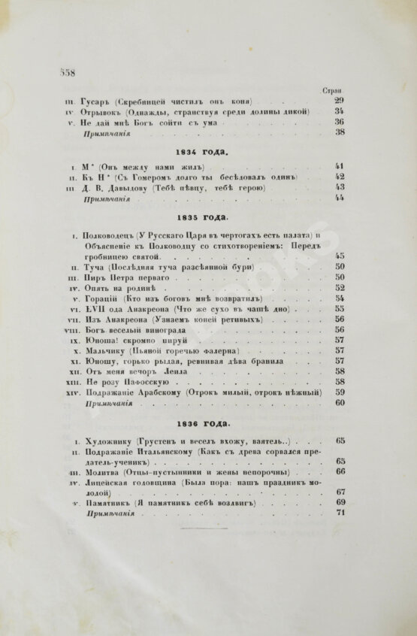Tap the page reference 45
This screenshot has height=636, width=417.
click(x=340, y=256)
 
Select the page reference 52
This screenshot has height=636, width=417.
click(x=340, y=287)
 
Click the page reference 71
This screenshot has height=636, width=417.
click(x=340, y=513)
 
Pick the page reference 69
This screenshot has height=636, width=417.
click(x=340, y=502)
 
